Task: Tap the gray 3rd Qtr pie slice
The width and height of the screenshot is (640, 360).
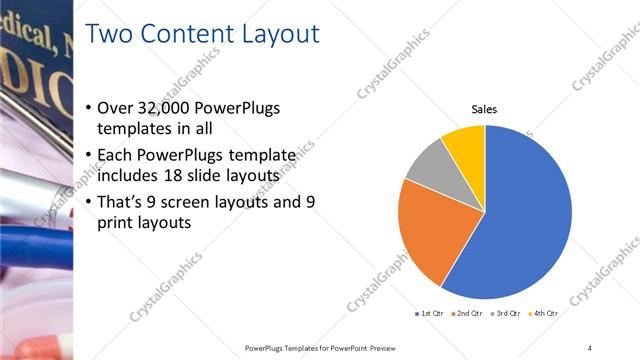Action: pyautogui.click(x=429, y=165)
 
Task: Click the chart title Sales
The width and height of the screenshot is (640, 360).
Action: pyautogui.click(x=485, y=109)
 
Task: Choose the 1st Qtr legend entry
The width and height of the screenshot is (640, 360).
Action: pyautogui.click(x=430, y=313)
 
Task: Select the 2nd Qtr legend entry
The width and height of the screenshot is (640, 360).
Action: pyautogui.click(x=467, y=313)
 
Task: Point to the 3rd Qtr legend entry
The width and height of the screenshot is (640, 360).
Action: pyautogui.click(x=505, y=313)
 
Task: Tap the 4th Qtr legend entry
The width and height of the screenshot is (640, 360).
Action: pyautogui.click(x=543, y=313)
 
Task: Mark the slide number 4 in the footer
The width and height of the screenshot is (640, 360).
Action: pyautogui.click(x=589, y=347)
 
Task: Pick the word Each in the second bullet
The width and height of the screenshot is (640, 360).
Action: pyautogui.click(x=116, y=155)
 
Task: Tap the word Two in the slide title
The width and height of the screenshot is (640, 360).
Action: pyautogui.click(x=110, y=35)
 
